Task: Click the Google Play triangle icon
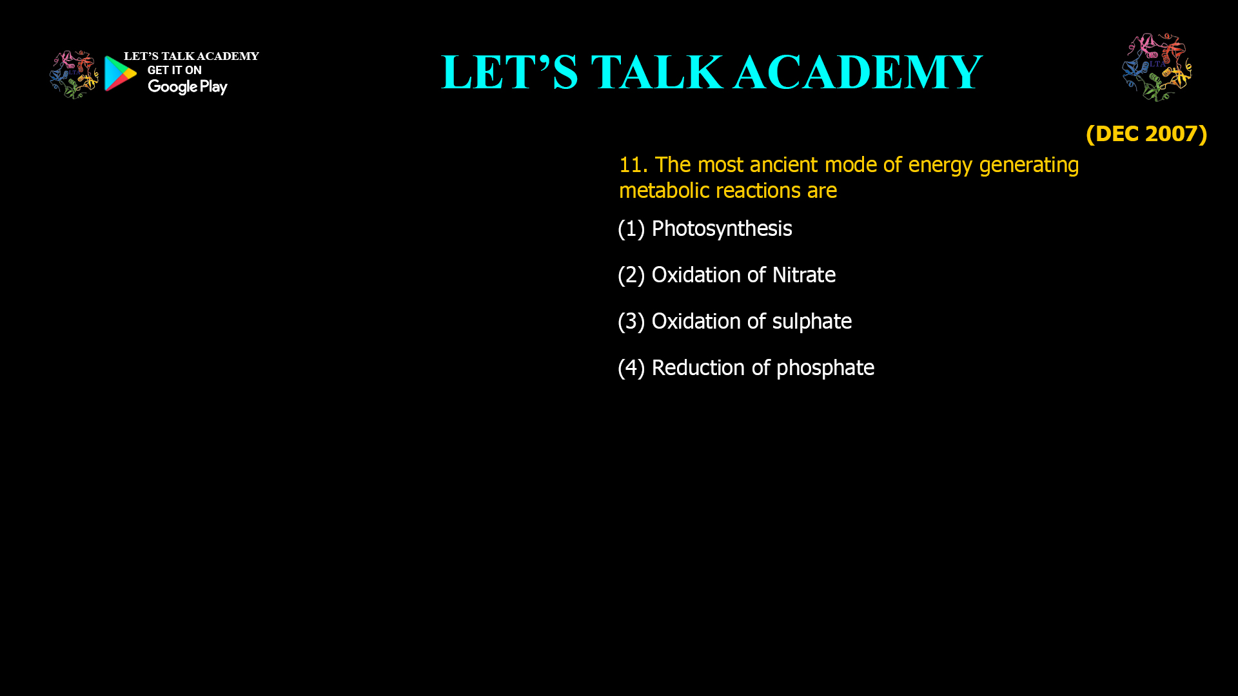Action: (120, 73)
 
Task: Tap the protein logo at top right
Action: (1157, 67)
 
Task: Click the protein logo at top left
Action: (74, 74)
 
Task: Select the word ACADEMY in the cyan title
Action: (858, 72)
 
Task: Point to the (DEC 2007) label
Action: (1146, 133)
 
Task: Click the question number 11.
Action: (633, 165)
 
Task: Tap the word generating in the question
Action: (1028, 166)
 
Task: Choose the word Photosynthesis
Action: (722, 229)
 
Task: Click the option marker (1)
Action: (631, 229)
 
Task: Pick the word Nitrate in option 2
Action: (803, 275)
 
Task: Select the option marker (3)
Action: (631, 322)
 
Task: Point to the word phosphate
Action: (825, 368)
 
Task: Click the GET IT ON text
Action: (174, 70)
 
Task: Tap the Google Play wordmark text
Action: (187, 86)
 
